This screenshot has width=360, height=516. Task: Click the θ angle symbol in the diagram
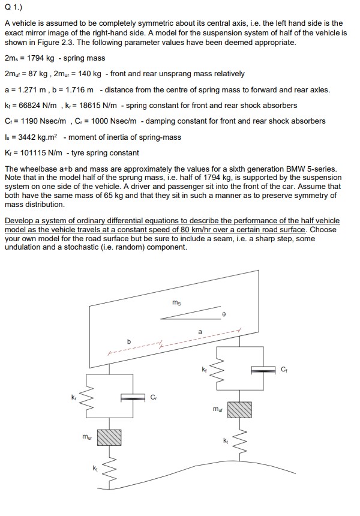click(223, 313)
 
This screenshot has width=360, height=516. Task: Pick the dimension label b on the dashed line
click(127, 341)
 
